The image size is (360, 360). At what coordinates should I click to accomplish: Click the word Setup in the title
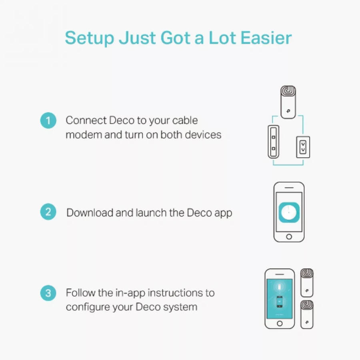pos(90,38)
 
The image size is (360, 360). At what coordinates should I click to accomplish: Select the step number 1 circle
pos(48,120)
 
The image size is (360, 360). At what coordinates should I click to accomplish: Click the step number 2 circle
pos(48,212)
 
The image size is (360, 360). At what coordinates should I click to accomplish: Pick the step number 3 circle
pos(48,293)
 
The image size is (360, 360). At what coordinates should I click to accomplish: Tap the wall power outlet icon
pos(303,147)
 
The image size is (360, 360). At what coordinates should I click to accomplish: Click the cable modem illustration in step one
pos(274,142)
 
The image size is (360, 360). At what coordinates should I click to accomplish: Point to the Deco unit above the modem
pos(288,102)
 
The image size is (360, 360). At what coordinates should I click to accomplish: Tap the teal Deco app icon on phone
pos(289,212)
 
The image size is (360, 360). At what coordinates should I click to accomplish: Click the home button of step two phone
pos(289,236)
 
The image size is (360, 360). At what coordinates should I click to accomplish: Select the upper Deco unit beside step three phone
pos(307,283)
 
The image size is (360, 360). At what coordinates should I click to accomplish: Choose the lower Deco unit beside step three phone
pos(307,314)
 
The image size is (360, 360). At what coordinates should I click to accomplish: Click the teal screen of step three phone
pos(280,299)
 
